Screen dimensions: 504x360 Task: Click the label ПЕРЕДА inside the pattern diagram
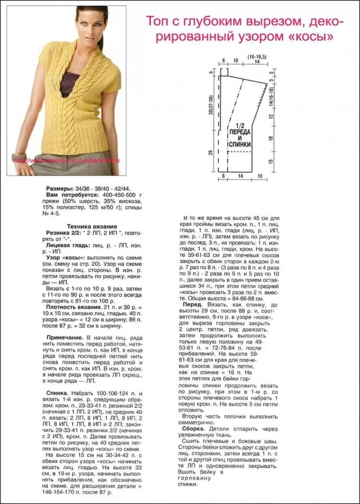tap(239, 133)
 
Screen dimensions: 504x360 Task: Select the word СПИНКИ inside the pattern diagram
tap(239, 145)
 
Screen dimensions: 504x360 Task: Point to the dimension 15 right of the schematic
tap(271, 162)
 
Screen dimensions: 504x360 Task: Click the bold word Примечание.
tap(65, 337)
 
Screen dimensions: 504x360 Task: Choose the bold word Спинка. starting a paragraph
tap(57, 393)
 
